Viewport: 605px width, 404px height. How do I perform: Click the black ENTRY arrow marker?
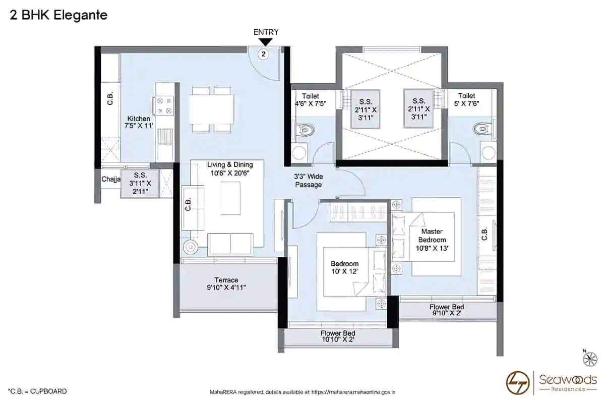pos(266,42)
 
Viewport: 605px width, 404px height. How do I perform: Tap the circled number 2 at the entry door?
pos(263,54)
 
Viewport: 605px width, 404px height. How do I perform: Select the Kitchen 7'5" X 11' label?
pos(139,122)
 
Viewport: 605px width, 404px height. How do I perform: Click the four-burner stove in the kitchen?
pos(164,105)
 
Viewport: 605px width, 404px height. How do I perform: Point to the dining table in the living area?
pos(211,109)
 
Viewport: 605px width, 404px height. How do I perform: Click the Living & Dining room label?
pos(230,168)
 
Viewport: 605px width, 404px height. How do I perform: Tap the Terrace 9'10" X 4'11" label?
pos(226,284)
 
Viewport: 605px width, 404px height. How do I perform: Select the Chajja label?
pos(111,179)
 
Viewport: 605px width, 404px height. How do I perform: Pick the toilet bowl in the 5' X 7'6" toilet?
pos(482,129)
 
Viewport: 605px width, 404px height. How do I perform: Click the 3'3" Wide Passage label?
pos(308,181)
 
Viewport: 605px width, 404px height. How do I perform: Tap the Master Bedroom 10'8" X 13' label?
pos(432,240)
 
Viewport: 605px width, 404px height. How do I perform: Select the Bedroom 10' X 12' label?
pos(345,267)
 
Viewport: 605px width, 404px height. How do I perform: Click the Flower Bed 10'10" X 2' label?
pos(338,336)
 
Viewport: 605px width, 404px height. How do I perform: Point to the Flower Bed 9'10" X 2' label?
pos(447,310)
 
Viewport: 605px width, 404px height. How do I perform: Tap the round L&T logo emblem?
pos(517,383)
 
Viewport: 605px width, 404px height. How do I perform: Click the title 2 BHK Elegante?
pos(58,15)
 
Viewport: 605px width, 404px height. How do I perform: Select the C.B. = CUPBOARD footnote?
pos(37,391)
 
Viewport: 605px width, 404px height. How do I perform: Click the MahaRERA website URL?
pos(353,392)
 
